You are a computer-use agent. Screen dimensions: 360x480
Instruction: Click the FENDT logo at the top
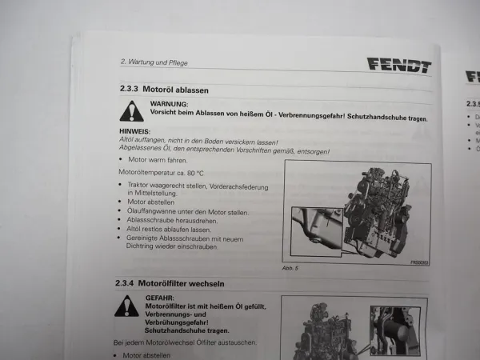(398, 66)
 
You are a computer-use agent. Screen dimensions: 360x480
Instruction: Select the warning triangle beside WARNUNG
(132, 110)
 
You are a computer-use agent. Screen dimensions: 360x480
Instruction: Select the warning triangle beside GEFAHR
(126, 306)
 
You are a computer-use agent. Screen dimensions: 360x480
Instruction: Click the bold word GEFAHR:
(160, 298)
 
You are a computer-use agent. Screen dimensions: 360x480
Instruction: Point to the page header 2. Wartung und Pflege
(154, 61)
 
